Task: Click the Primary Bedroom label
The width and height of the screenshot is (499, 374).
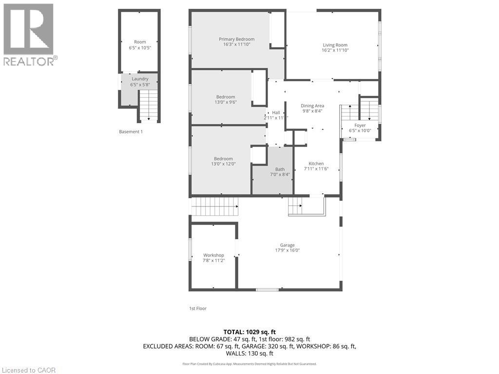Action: click(236, 39)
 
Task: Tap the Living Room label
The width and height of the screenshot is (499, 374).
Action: click(335, 45)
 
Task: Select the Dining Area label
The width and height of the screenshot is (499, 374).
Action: click(312, 106)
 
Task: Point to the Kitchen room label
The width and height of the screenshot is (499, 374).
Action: click(316, 164)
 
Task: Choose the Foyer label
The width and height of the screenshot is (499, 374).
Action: click(360, 125)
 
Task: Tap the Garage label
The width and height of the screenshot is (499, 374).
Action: click(287, 245)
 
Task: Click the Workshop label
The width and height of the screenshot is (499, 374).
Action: click(213, 255)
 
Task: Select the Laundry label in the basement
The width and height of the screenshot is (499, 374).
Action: click(140, 79)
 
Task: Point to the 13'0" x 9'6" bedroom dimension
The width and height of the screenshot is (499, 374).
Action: click(226, 102)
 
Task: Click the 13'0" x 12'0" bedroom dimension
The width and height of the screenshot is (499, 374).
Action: click(223, 164)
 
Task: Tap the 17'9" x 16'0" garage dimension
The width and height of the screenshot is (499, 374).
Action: click(287, 250)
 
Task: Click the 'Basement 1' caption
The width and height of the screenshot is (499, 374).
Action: click(131, 131)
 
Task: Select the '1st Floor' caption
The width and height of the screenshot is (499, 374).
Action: click(198, 308)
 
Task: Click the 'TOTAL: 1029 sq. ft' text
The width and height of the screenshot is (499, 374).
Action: click(249, 332)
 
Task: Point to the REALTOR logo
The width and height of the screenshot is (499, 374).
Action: click(29, 34)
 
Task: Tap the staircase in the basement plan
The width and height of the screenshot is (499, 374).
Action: click(149, 105)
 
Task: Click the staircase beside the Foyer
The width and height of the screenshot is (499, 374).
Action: click(349, 113)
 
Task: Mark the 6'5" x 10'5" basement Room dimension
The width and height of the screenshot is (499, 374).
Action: click(140, 48)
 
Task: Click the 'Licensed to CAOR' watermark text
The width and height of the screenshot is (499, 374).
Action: click(29, 370)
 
